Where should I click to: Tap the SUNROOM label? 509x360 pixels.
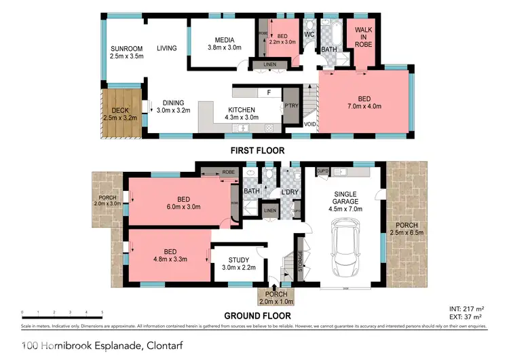click(127, 48)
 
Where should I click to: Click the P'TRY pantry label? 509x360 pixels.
click(292, 106)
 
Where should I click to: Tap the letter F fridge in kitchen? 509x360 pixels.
click(269, 92)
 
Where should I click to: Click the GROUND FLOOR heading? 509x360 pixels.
click(258, 315)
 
